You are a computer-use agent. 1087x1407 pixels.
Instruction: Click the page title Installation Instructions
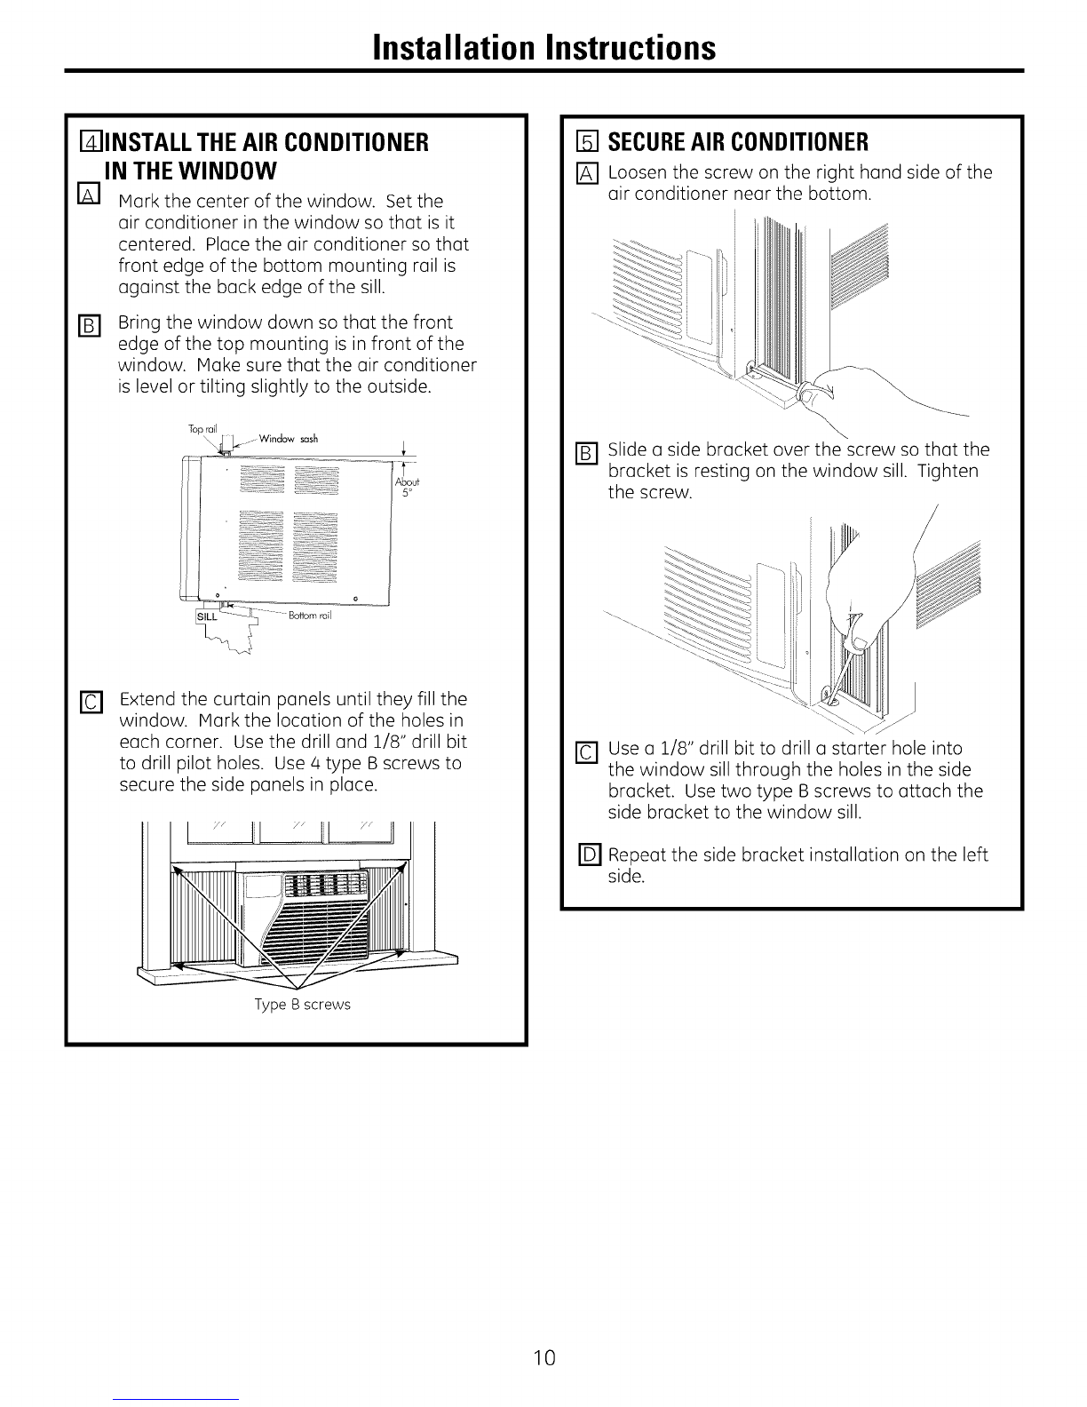543,46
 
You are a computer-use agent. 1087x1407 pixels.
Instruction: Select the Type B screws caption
303,1005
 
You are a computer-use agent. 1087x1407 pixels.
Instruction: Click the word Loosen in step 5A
637,172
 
